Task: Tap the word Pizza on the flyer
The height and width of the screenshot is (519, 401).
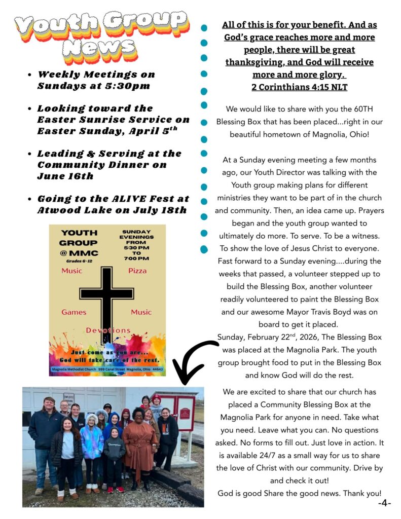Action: [x=137, y=271]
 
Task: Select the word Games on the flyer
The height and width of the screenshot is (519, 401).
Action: [x=74, y=312]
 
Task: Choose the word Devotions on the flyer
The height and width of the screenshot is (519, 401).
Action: [x=108, y=330]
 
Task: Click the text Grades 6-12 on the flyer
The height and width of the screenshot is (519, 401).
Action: [x=79, y=261]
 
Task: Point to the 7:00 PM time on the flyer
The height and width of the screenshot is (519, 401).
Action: [x=136, y=258]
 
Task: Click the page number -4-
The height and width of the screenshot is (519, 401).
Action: [x=384, y=503]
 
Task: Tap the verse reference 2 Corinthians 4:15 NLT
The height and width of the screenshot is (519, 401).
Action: [x=299, y=87]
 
